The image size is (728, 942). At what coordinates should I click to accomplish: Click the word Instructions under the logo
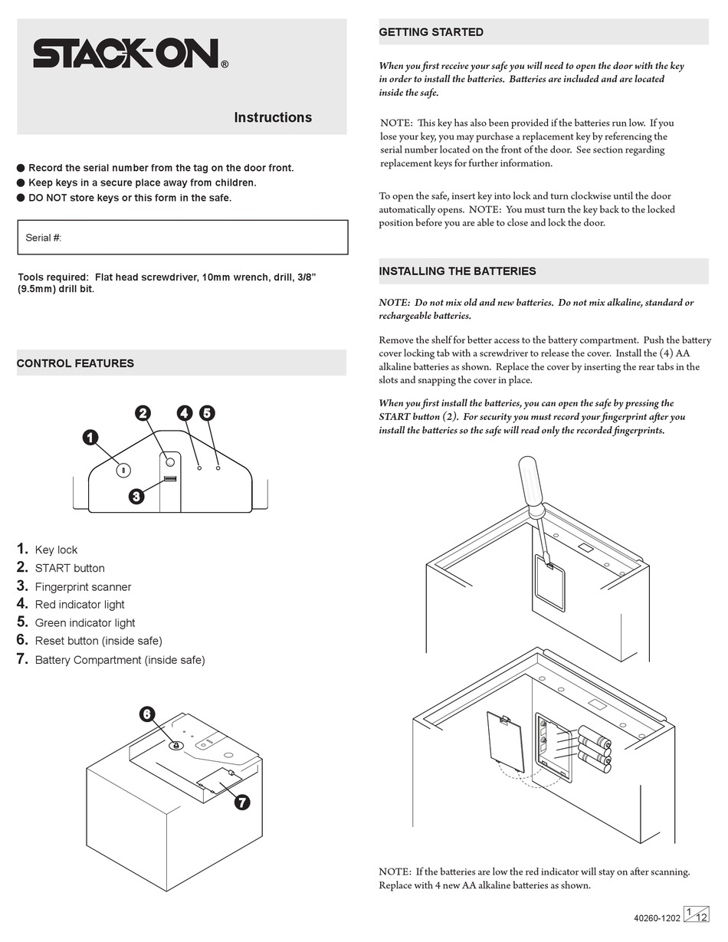click(x=272, y=117)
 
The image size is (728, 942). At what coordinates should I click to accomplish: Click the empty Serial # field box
click(x=182, y=238)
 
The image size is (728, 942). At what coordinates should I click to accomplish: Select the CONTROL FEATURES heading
click(x=75, y=363)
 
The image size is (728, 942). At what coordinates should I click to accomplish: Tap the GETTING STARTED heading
click(x=431, y=32)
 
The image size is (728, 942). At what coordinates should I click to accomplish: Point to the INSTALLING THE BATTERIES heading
click(x=457, y=271)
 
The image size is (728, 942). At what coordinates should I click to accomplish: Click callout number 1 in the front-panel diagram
click(x=90, y=438)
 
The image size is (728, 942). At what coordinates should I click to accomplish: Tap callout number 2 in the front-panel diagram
click(x=143, y=413)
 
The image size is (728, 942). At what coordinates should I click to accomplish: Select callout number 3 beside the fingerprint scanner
click(x=136, y=496)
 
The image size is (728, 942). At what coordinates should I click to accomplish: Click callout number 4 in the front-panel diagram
click(x=184, y=413)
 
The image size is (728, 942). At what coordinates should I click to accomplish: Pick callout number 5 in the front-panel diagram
click(x=207, y=413)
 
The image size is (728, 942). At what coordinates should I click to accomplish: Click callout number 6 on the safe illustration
click(x=147, y=714)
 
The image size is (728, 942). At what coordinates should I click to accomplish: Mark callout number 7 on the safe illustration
click(x=242, y=802)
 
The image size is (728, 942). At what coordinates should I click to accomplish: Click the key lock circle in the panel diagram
click(x=123, y=470)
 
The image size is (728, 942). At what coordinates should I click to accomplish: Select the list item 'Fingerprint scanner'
click(x=83, y=587)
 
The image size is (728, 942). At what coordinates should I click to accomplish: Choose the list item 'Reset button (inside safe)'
click(x=98, y=641)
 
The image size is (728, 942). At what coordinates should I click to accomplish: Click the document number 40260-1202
click(x=657, y=917)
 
